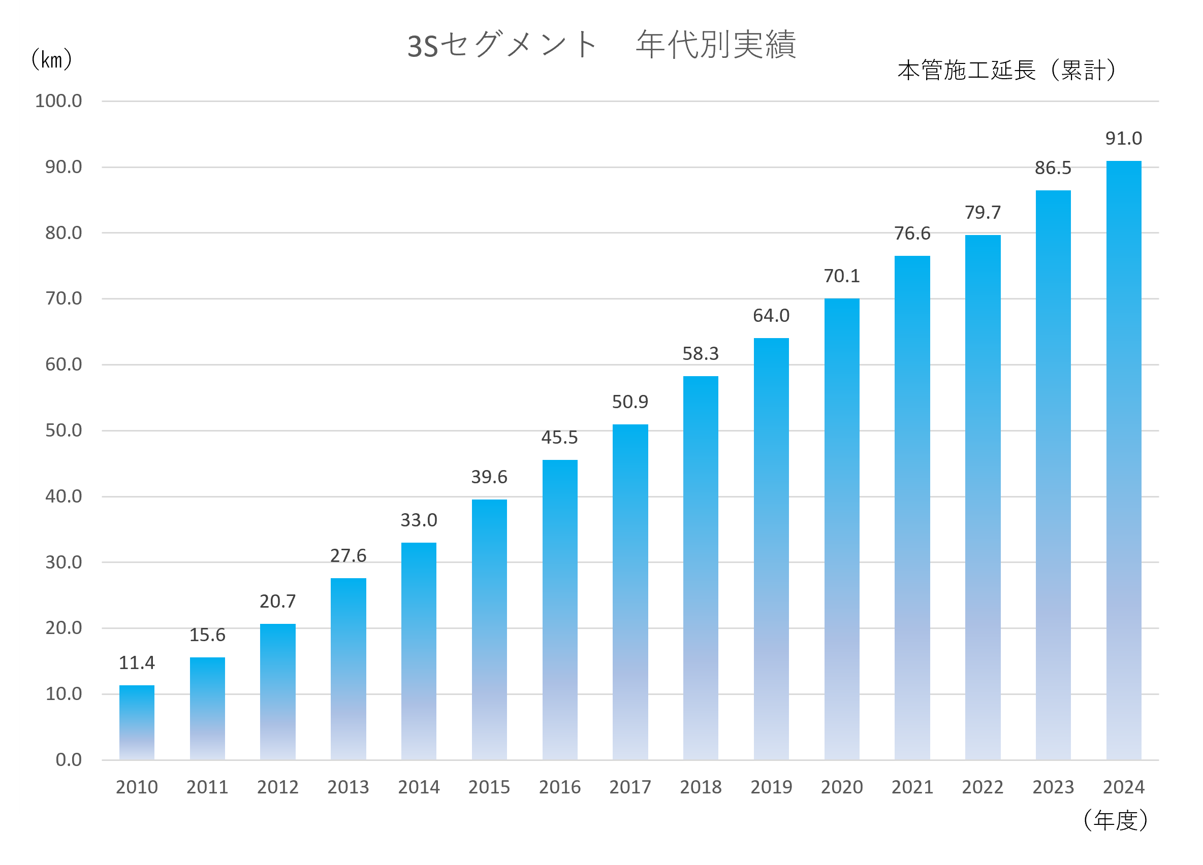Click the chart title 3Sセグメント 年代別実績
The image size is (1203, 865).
tap(601, 45)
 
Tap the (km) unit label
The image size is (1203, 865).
tap(51, 59)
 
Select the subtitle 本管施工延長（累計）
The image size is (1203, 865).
tap(1008, 70)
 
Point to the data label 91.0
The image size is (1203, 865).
tap(1123, 139)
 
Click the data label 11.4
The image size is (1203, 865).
tap(137, 662)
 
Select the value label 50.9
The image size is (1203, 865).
tap(630, 402)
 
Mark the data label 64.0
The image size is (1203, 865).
tap(771, 315)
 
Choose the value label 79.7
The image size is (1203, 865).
tap(983, 212)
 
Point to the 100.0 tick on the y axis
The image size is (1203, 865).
tap(58, 101)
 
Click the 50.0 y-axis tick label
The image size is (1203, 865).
tap(64, 430)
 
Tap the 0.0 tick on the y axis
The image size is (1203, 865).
tap(69, 759)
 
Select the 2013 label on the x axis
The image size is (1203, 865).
tap(348, 787)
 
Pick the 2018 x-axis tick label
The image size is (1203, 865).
tap(701, 787)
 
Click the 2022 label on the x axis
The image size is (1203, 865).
tap(983, 787)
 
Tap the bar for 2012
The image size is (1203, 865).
tap(278, 692)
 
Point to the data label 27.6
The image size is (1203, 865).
tap(348, 555)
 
